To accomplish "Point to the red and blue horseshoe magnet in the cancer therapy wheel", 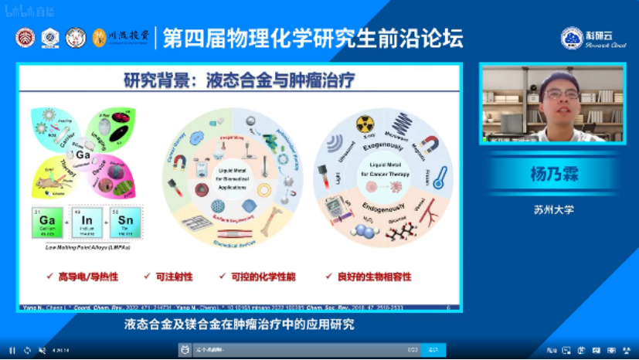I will coord(430,144).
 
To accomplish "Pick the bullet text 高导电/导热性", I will coord(85,276).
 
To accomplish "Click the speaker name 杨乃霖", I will coord(553,175).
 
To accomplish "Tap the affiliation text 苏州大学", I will coord(553,209).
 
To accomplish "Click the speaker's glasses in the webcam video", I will coord(562,94).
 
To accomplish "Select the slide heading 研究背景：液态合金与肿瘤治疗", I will coord(239,80).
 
